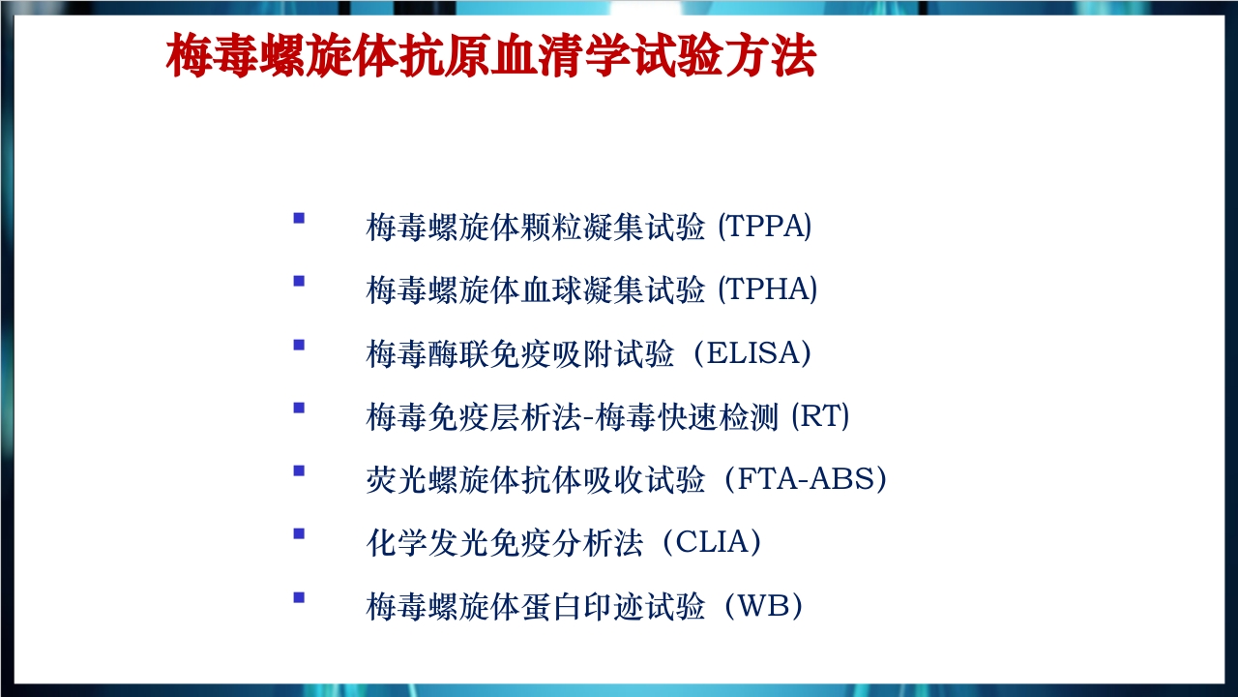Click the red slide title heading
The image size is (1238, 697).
click(x=490, y=55)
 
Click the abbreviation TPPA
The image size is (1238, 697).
click(x=764, y=227)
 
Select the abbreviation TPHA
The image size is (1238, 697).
click(x=767, y=289)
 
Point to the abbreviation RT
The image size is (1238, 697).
click(x=820, y=416)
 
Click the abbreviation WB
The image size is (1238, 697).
click(x=763, y=606)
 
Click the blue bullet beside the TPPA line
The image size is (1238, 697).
click(x=299, y=218)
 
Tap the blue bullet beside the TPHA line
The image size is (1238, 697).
click(x=299, y=281)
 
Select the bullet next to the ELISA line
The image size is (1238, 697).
click(x=299, y=345)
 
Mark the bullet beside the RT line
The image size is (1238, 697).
click(x=299, y=408)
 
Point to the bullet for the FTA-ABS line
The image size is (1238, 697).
click(x=299, y=470)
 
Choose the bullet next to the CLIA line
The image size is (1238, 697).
click(x=299, y=533)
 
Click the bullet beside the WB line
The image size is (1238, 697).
click(x=299, y=597)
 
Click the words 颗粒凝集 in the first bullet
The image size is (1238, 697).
click(x=581, y=227)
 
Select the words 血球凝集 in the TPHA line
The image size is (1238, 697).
click(x=581, y=289)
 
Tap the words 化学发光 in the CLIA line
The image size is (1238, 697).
click(x=427, y=543)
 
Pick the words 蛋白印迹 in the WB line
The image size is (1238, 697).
click(x=581, y=606)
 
